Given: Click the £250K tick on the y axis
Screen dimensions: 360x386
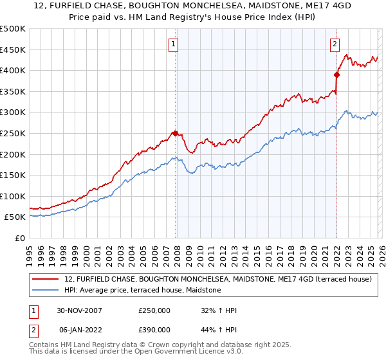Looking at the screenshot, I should (12, 133).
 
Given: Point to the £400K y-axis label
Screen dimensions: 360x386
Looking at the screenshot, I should (12, 70).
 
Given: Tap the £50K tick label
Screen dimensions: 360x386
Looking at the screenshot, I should (15, 217).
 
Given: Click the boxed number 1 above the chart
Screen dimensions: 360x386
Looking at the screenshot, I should (174, 44).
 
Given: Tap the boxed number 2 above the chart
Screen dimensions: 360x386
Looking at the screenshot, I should (335, 44).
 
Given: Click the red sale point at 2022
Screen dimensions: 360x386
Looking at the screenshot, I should (336, 74).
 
